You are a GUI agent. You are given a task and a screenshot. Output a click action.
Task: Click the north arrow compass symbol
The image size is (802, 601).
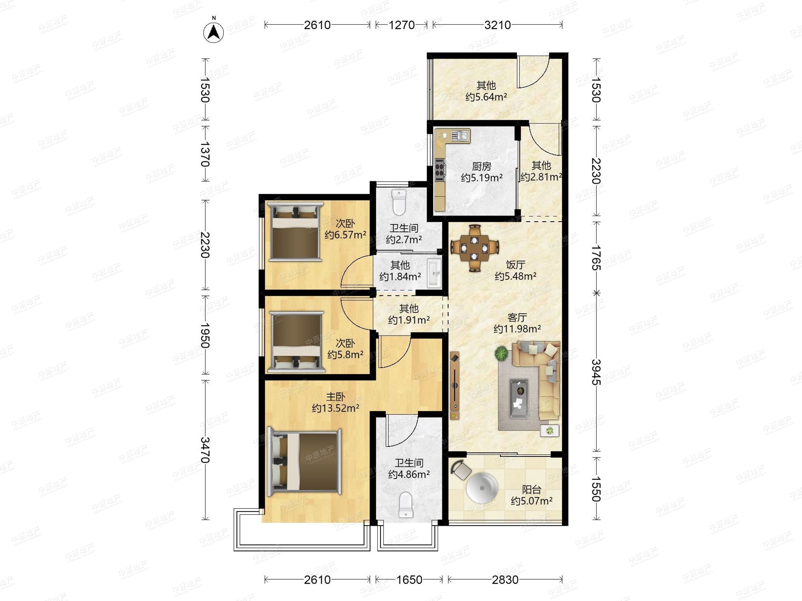click(x=214, y=33)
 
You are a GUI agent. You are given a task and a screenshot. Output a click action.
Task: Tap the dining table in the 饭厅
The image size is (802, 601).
click(x=474, y=248)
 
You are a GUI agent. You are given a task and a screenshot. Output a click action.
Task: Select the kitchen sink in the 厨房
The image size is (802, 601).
click(x=460, y=136)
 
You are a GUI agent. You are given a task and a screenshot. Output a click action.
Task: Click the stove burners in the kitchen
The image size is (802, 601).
click(x=440, y=170)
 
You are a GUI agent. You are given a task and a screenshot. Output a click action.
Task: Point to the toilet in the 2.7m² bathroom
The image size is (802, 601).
click(x=399, y=202)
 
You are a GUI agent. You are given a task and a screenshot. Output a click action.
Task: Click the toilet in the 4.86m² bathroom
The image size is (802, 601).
click(x=406, y=505)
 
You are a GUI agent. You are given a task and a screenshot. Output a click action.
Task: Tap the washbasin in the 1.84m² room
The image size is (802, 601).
click(x=434, y=272)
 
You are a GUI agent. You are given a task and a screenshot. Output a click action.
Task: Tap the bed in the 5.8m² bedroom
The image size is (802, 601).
click(x=296, y=342)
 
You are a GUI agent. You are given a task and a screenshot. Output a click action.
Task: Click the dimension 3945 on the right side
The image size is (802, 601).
click(x=596, y=372)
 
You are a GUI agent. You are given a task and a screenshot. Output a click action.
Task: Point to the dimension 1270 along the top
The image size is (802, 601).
click(x=401, y=25)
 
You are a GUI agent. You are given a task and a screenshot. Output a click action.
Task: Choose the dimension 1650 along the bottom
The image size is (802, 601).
click(x=409, y=580)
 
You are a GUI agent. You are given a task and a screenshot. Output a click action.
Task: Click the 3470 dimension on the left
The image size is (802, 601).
click(x=205, y=450)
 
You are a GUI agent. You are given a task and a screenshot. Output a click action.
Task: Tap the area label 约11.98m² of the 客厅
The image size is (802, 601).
click(x=517, y=329)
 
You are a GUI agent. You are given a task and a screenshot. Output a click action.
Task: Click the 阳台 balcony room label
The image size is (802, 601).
click(x=532, y=490)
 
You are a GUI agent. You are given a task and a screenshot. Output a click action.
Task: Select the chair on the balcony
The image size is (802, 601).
click(x=461, y=470)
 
